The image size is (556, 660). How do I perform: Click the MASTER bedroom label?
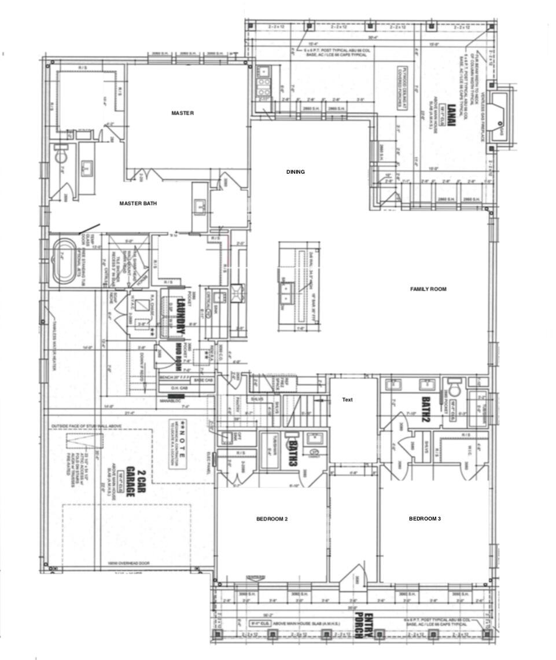click(182, 113)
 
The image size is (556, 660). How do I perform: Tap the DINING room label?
click(295, 172)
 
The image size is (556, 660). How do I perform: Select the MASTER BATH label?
click(138, 203)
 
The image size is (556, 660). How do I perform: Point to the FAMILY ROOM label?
click(428, 289)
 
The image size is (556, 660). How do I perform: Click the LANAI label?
click(451, 113)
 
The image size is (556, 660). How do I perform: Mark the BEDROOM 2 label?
click(272, 519)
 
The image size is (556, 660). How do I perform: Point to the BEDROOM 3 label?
click(425, 519)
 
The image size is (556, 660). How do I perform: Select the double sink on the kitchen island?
click(286, 291)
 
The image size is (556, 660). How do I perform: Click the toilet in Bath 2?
click(453, 386)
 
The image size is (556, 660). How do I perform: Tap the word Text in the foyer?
click(347, 400)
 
